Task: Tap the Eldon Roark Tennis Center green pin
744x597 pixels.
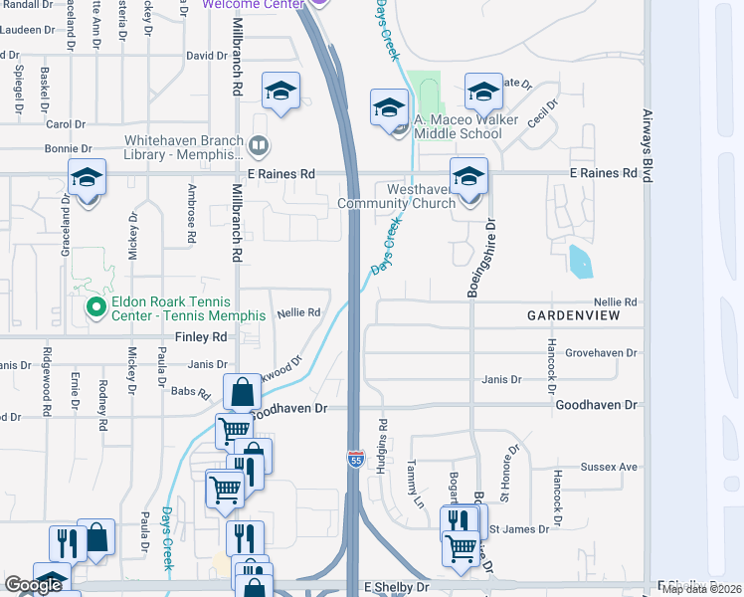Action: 96,308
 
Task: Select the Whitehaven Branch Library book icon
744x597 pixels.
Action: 259,147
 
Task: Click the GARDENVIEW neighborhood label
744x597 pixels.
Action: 573,315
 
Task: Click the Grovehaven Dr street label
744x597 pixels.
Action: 600,353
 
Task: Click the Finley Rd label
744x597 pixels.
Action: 202,337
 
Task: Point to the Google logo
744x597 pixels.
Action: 34,585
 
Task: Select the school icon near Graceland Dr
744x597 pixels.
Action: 87,178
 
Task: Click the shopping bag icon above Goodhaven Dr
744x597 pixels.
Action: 242,392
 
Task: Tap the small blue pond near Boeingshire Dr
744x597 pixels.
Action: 580,261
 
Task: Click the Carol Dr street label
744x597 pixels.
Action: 66,124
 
